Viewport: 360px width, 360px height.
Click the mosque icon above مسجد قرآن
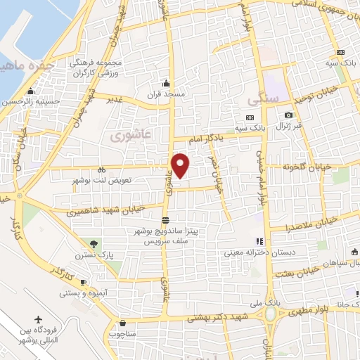click(x=165, y=83)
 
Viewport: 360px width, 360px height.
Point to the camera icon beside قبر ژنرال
click(x=288, y=115)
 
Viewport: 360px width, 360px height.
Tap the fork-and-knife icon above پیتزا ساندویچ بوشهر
click(x=165, y=220)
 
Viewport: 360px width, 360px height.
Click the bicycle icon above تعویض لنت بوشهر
click(x=102, y=169)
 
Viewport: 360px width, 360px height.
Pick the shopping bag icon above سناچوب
click(x=122, y=324)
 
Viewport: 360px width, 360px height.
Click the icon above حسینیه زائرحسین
click(x=30, y=91)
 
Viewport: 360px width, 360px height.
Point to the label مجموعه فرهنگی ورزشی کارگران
click(x=97, y=67)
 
